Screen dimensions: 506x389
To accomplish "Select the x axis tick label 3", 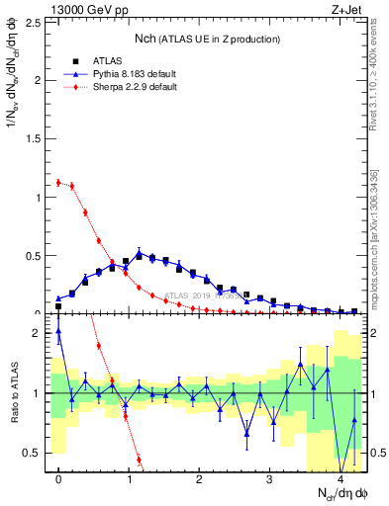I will point(270,478).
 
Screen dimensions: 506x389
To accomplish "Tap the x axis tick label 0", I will point(58,478).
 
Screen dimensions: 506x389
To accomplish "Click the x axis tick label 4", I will point(340,478).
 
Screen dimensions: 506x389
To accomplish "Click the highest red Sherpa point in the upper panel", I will point(58,182).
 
